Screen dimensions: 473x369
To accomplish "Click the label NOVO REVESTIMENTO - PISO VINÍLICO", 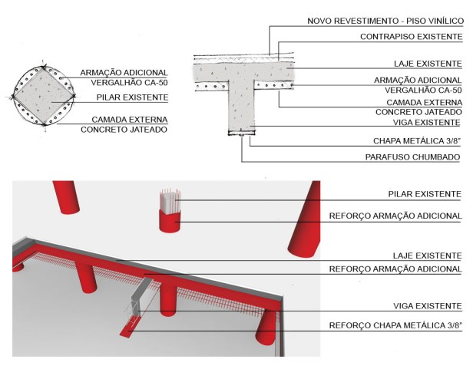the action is point(385,21).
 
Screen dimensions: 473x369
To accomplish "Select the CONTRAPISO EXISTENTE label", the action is point(411,37).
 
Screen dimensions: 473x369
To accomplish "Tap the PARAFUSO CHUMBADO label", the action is point(412,157).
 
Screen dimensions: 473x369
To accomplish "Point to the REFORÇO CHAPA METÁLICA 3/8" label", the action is point(395,325).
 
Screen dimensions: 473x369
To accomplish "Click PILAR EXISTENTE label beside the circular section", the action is point(132,97).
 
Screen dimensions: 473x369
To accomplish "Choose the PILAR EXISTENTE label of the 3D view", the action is point(425,194).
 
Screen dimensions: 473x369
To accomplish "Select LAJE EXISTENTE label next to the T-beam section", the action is point(428,64).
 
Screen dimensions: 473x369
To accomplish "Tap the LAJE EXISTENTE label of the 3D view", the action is point(427,255).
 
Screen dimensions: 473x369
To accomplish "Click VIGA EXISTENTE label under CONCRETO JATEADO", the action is point(427,123).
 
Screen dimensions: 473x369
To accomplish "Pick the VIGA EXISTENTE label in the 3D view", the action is point(428,306).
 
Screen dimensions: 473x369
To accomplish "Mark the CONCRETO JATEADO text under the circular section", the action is point(124,130).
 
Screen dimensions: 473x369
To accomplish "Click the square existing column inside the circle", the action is point(44,96).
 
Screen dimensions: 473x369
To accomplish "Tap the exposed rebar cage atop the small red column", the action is point(170,201).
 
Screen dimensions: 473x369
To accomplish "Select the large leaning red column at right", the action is point(304,219).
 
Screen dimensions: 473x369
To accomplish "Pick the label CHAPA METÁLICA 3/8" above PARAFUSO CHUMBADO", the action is point(417,141).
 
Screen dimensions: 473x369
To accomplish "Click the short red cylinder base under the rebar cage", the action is point(170,221).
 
